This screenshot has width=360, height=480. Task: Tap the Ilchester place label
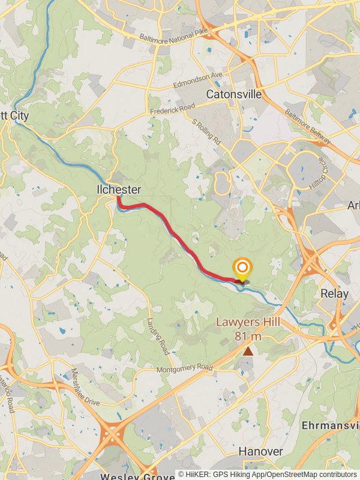point(119,190)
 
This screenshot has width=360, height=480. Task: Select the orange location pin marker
point(242,269)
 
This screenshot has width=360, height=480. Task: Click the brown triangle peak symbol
point(248,350)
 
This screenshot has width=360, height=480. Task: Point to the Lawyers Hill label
point(248,323)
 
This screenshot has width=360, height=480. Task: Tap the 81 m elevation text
point(248,335)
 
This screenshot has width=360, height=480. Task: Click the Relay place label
point(334,294)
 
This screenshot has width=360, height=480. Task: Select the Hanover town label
point(260,451)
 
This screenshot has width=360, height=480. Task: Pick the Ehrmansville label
point(330,425)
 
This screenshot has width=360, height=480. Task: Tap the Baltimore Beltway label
point(307,124)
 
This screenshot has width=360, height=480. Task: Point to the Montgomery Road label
point(185,368)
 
